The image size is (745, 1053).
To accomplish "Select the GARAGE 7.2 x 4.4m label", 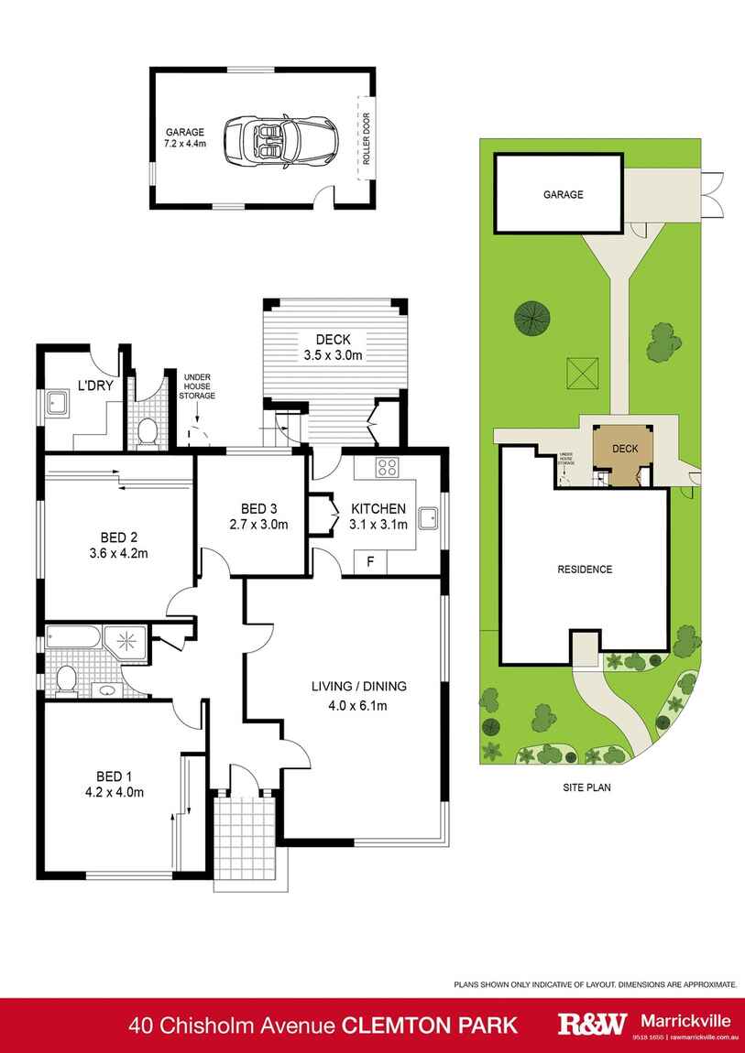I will (184, 138).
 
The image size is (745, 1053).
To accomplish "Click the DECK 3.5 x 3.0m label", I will (334, 347).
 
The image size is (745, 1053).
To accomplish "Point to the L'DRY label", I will (95, 385).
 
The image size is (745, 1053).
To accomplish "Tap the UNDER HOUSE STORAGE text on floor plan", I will (198, 385).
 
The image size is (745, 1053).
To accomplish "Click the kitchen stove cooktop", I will (387, 468).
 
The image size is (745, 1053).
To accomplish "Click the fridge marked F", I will (370, 561).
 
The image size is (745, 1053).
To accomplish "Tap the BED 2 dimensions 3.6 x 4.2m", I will (116, 552).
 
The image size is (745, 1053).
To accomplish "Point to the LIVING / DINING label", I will (358, 686).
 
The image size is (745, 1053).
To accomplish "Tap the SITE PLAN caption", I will (586, 787).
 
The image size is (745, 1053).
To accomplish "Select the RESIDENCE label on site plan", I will (585, 569).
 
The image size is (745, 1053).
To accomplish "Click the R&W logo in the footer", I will (592, 1023).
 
